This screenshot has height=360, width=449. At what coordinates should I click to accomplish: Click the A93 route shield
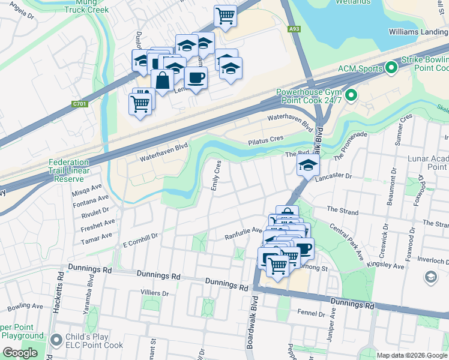click(x=294, y=28)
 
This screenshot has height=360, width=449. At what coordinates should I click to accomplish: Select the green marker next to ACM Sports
click(x=391, y=68)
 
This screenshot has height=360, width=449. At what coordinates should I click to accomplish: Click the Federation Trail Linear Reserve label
click(x=68, y=170)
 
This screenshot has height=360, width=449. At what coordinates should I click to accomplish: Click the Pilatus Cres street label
click(x=265, y=139)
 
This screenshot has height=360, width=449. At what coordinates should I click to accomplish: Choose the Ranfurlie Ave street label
click(x=243, y=230)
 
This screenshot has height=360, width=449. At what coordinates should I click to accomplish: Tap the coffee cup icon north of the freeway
click(x=196, y=77)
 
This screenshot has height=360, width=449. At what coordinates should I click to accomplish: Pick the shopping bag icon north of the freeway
click(x=162, y=79)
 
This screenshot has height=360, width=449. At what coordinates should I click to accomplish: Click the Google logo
click(x=20, y=353)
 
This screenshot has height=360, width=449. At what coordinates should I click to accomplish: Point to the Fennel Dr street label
click(x=311, y=313)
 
